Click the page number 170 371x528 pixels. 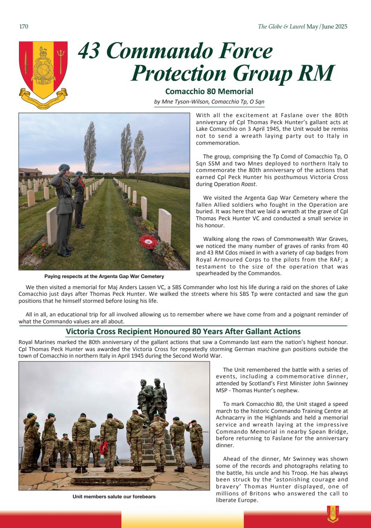24,27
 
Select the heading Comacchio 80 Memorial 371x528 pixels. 209,91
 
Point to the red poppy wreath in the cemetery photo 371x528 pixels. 149,241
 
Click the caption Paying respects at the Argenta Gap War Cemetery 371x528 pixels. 104,276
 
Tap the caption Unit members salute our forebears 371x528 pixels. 114,497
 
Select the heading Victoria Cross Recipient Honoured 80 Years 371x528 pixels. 183,332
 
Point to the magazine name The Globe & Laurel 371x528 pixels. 281,27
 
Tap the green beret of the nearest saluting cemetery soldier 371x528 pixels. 64,167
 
